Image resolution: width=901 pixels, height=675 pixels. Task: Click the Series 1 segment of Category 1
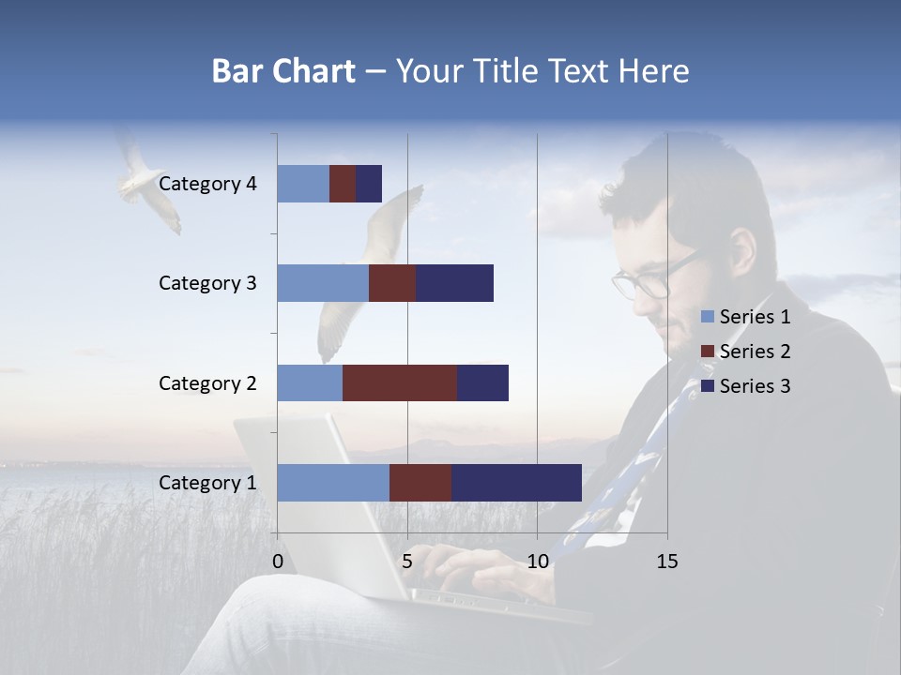click(x=333, y=483)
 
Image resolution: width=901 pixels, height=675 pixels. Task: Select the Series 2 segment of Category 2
click(x=400, y=382)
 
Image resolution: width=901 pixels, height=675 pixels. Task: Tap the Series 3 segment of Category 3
click(x=454, y=283)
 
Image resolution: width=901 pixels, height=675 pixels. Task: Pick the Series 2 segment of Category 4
click(x=343, y=184)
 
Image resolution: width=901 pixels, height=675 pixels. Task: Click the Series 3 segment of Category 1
click(x=516, y=483)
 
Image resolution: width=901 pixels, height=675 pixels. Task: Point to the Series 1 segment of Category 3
click(x=323, y=283)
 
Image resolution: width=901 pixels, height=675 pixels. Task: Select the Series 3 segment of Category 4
click(x=369, y=184)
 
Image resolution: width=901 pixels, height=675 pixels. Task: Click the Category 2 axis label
click(x=207, y=382)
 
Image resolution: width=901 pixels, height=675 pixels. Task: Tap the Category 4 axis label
click(x=207, y=184)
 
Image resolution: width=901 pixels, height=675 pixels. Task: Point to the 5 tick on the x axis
click(x=407, y=562)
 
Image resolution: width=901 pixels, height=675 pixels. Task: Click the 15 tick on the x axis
click(x=666, y=562)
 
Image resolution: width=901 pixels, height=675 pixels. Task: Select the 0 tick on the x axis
click(x=278, y=562)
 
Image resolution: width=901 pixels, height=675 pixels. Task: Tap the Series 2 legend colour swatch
click(x=708, y=352)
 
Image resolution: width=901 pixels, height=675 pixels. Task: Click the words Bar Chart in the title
click(x=283, y=71)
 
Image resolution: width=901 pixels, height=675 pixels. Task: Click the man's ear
click(x=742, y=253)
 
